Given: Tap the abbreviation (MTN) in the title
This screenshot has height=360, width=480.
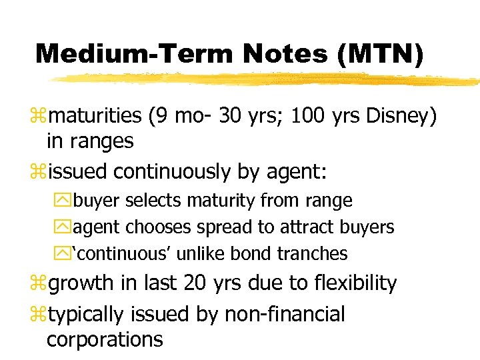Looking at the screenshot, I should point(380,53).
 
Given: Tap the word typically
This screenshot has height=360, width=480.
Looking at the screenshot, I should point(89,314).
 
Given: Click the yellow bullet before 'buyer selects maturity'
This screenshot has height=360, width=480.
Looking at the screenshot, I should point(65,201).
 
